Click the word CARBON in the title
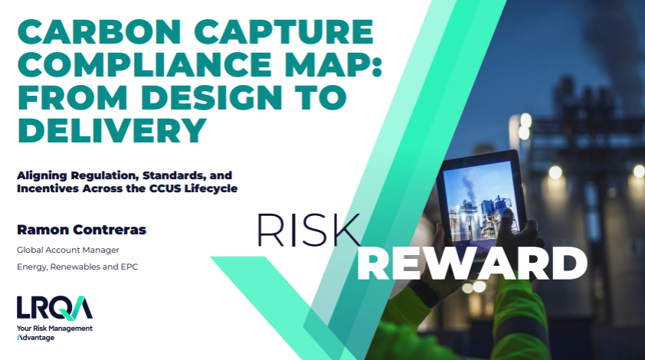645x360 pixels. [99, 31]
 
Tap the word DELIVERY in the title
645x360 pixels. [112, 130]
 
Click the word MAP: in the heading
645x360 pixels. [333, 64]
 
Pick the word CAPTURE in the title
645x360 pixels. [284, 31]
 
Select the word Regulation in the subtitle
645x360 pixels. [105, 176]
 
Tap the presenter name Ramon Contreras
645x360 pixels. [81, 230]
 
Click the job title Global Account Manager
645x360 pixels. [68, 250]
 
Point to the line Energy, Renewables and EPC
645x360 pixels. [77, 267]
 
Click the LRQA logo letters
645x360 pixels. [54, 308]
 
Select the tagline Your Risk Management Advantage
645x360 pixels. [54, 333]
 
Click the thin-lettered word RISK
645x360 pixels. [309, 230]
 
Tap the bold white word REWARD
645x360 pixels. [472, 263]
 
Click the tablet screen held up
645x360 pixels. [482, 203]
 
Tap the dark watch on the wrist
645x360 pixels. [424, 293]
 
